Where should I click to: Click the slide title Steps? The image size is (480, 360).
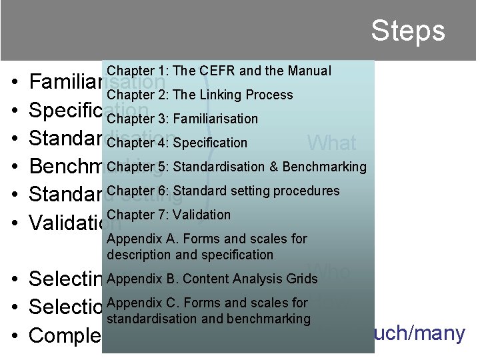click(x=407, y=31)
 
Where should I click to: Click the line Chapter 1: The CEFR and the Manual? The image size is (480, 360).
click(x=219, y=71)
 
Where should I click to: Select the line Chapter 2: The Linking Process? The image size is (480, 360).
click(x=199, y=95)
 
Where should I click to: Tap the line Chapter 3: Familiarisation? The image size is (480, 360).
click(x=182, y=119)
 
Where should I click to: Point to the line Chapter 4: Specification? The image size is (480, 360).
click(x=177, y=143)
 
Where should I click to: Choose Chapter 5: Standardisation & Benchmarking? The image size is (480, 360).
click(x=236, y=167)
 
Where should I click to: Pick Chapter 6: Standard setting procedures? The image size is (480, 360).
click(x=223, y=191)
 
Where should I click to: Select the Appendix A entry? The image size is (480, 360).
click(x=207, y=247)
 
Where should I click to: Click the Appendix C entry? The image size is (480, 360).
click(x=208, y=311)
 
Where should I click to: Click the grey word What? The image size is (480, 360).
click(x=331, y=143)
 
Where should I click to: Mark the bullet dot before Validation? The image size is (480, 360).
click(x=15, y=223)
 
